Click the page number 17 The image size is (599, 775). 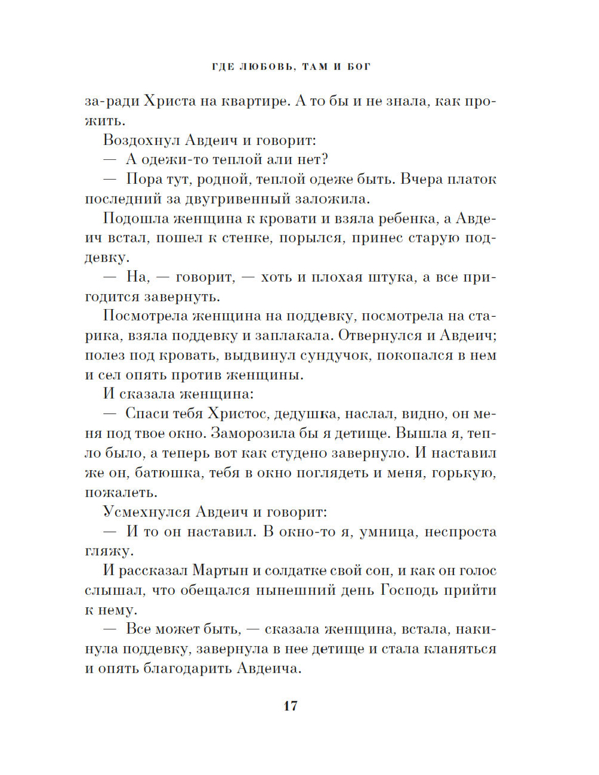tap(291, 706)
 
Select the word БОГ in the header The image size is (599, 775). tap(359, 66)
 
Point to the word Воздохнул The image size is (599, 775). tap(141, 140)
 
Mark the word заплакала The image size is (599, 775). tap(311, 335)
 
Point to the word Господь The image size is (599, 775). tap(409, 591)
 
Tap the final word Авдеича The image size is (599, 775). tap(269, 669)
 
